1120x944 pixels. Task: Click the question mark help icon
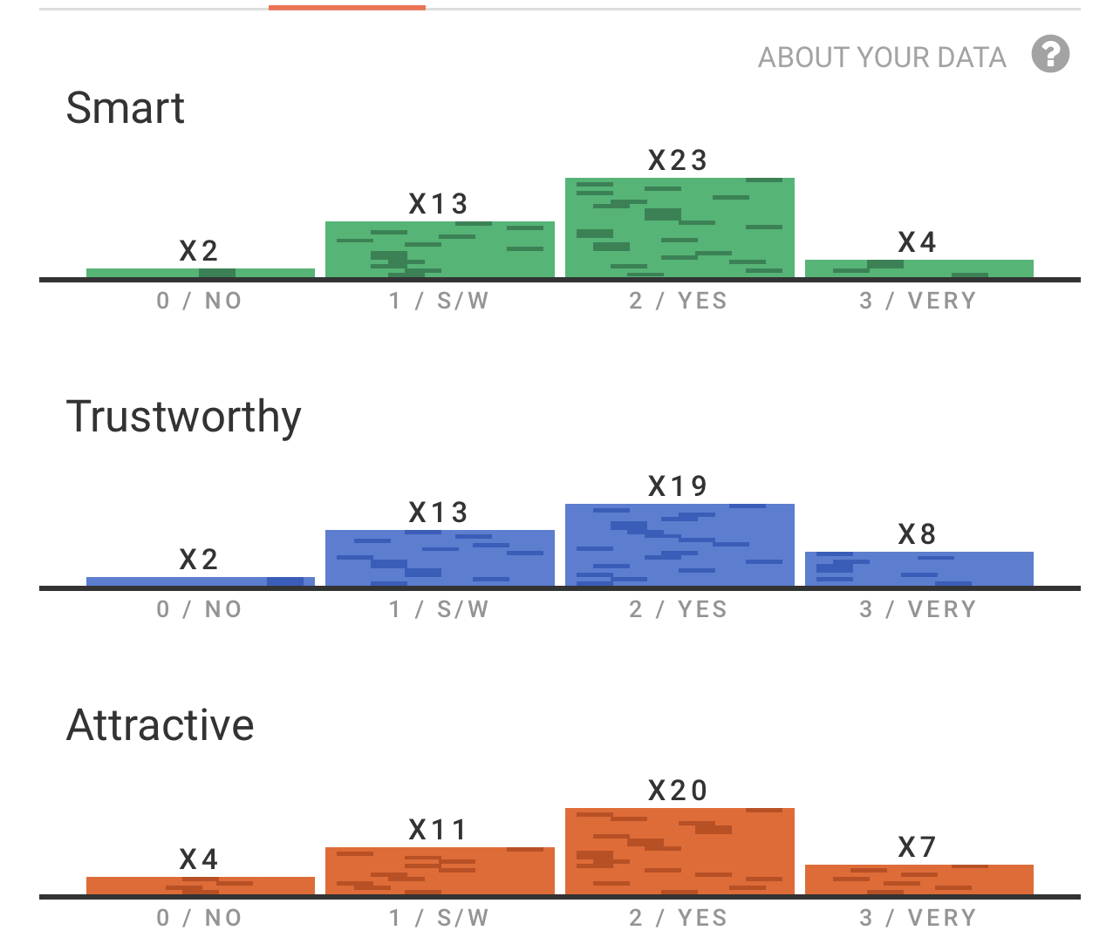pyautogui.click(x=1050, y=54)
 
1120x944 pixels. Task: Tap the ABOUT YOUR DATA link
pyautogui.click(x=882, y=58)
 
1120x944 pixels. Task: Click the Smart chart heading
pyautogui.click(x=126, y=109)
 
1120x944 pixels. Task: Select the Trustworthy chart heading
pyautogui.click(x=184, y=417)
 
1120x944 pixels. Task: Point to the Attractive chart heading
pyautogui.click(x=160, y=725)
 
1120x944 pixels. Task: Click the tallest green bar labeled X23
pyautogui.click(x=680, y=228)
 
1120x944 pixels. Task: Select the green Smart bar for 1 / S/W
pyautogui.click(x=440, y=250)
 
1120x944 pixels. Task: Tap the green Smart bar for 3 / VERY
pyautogui.click(x=919, y=268)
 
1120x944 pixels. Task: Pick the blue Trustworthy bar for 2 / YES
pyautogui.click(x=680, y=546)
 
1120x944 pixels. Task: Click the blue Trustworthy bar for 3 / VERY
pyautogui.click(x=919, y=569)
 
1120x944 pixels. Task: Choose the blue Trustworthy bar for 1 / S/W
pyautogui.click(x=440, y=559)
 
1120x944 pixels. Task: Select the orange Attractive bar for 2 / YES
pyautogui.click(x=680, y=852)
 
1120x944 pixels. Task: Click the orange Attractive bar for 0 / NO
pyautogui.click(x=201, y=886)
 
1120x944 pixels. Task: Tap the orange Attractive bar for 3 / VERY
pyautogui.click(x=919, y=879)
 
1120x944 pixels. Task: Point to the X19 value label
pyautogui.click(x=678, y=486)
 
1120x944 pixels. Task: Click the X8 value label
pyautogui.click(x=918, y=534)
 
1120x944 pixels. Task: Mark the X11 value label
pyautogui.click(x=438, y=830)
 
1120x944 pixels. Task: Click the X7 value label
pyautogui.click(x=918, y=847)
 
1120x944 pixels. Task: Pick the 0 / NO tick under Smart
pyautogui.click(x=200, y=302)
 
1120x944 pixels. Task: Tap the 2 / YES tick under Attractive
pyautogui.click(x=679, y=919)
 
